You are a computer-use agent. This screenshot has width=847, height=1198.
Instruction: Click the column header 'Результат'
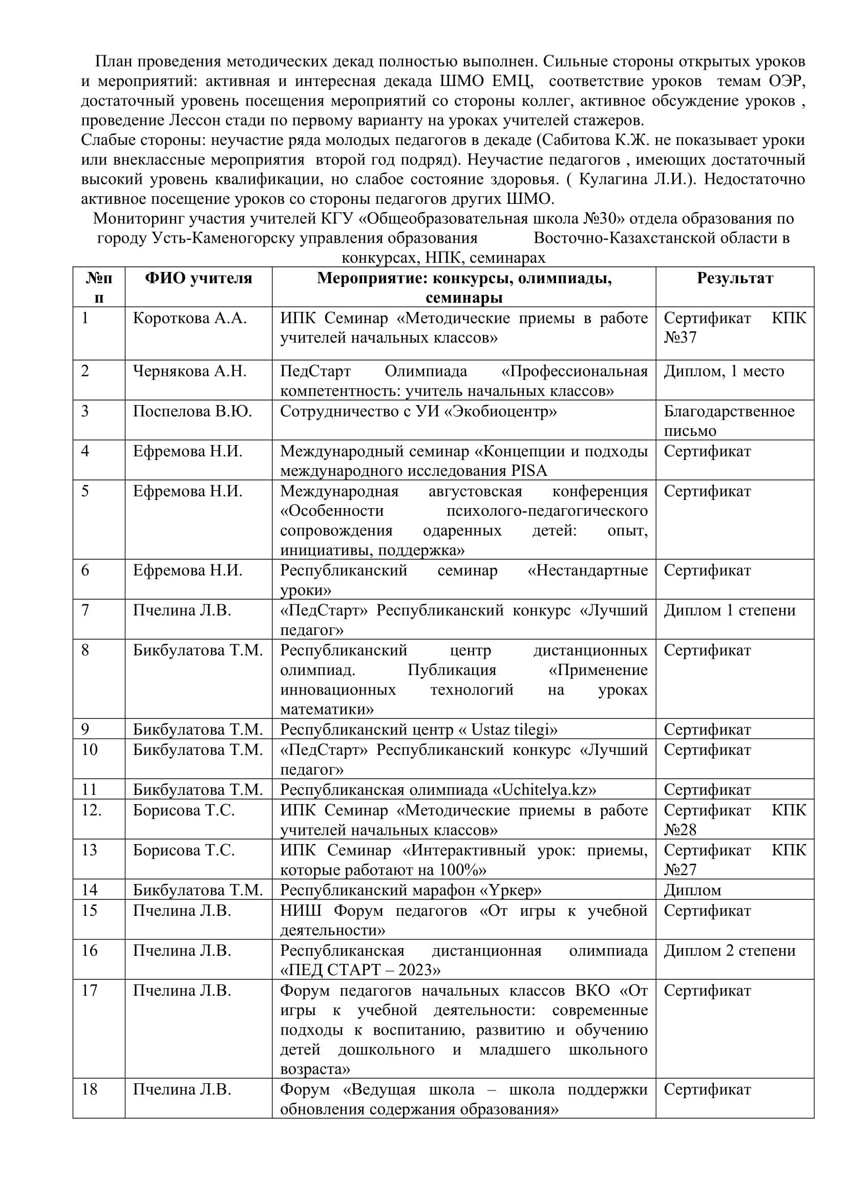[734, 278]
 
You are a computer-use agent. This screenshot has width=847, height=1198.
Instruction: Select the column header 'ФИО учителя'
[198, 278]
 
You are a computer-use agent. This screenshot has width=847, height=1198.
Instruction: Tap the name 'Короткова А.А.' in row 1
[189, 318]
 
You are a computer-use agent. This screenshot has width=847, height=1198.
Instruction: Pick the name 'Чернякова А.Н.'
[189, 371]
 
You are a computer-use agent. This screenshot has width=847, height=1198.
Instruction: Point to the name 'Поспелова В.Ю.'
[192, 411]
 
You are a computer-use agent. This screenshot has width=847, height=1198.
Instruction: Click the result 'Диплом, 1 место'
[724, 371]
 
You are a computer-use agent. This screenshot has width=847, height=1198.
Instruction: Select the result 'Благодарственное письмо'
[729, 421]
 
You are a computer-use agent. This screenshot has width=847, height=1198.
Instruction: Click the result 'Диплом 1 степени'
[729, 610]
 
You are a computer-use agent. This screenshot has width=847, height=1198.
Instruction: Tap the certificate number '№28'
[680, 830]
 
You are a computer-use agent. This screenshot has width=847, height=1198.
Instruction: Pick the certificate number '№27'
[680, 870]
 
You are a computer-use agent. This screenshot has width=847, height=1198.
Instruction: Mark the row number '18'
[89, 1089]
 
